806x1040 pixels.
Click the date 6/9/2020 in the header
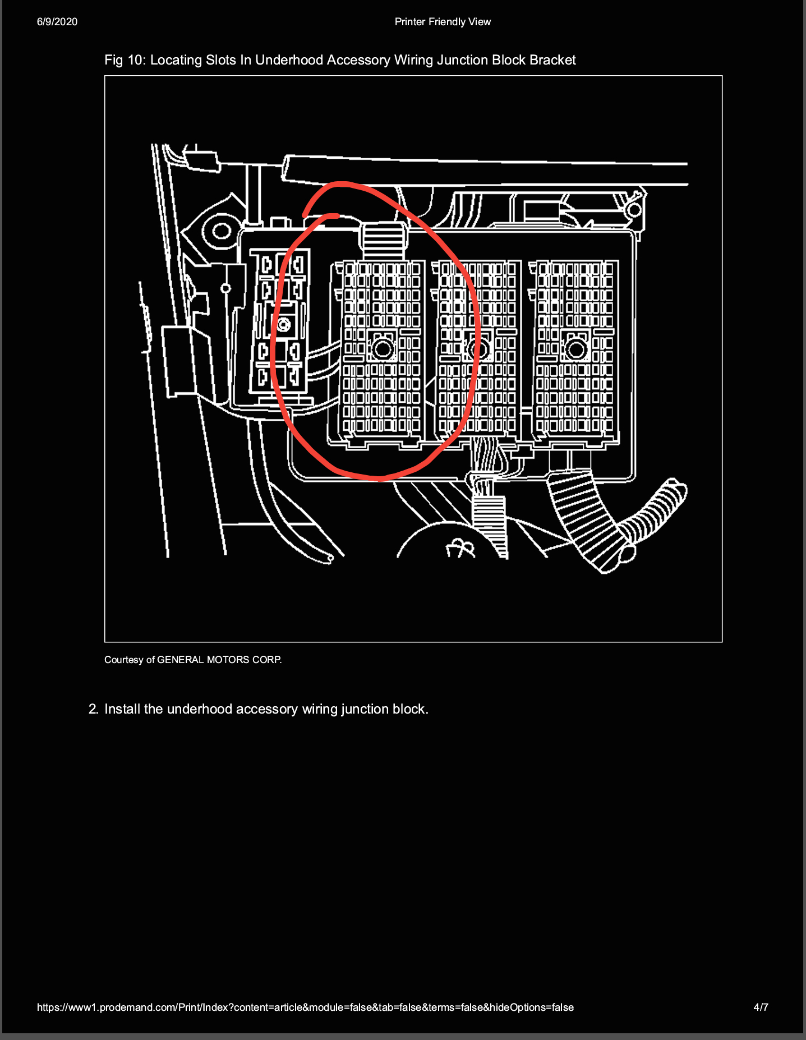point(57,22)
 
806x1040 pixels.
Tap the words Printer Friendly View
point(443,22)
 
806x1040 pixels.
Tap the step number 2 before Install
point(93,709)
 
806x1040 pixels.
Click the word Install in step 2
point(122,709)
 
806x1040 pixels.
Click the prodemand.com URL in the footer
point(305,1007)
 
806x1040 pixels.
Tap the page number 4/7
point(761,1007)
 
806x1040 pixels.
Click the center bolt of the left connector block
point(383,349)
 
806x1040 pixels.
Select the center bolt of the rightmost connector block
point(575,349)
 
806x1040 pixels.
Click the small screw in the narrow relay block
point(284,324)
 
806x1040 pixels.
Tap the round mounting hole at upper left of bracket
point(222,231)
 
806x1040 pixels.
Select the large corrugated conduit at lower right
point(586,519)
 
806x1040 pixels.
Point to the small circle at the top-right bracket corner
point(634,210)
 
